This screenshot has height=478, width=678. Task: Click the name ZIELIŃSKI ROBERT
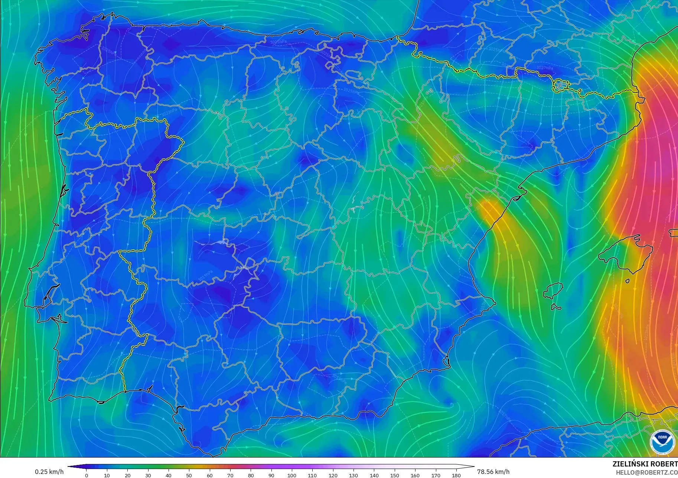point(645,464)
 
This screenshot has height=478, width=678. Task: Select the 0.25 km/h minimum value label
point(49,472)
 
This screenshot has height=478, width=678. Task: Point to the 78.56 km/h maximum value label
point(493,472)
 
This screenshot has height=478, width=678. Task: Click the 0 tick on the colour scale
point(87,475)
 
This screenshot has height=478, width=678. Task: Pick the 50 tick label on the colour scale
point(189,475)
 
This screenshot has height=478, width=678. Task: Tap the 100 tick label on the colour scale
point(292,475)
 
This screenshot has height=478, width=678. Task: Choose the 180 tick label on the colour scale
point(456,475)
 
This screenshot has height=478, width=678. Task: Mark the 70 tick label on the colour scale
point(230,475)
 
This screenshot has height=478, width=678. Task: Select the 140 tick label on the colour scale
point(374,475)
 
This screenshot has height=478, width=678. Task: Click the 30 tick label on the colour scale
point(148,475)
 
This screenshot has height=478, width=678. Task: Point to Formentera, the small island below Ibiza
point(556,307)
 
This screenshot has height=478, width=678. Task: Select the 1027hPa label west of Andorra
point(545,68)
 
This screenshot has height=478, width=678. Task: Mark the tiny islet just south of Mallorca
point(628,281)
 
